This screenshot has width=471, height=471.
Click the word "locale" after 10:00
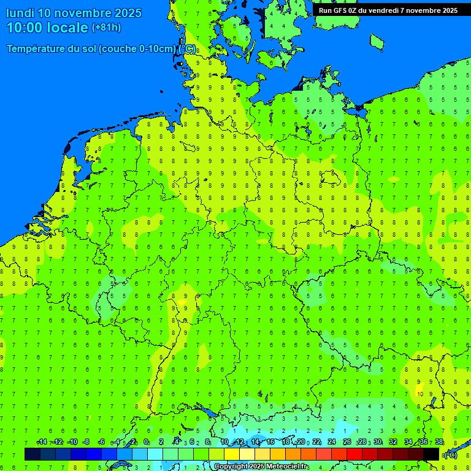pyautogui.click(x=67, y=28)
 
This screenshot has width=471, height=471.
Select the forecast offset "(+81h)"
pyautogui.click(x=106, y=28)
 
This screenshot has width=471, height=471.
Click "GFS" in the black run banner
pyautogui.click(x=342, y=10)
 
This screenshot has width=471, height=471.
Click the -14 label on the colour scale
pyautogui.click(x=42, y=442)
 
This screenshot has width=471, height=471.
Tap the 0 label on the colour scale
pyautogui.click(x=146, y=442)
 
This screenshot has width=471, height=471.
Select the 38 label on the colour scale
pyautogui.click(x=438, y=442)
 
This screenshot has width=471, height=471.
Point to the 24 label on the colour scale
pyautogui.click(x=332, y=442)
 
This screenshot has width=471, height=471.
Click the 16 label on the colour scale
pyautogui.click(x=270, y=442)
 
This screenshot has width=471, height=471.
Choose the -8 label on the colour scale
pyautogui.click(x=86, y=442)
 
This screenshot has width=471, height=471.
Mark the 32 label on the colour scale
pyautogui.click(x=392, y=442)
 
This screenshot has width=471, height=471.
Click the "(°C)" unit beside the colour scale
pyautogui.click(x=450, y=454)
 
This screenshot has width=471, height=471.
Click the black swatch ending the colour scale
pyautogui.click(x=431, y=454)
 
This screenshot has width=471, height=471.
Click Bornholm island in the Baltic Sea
pyautogui.click(x=377, y=40)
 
